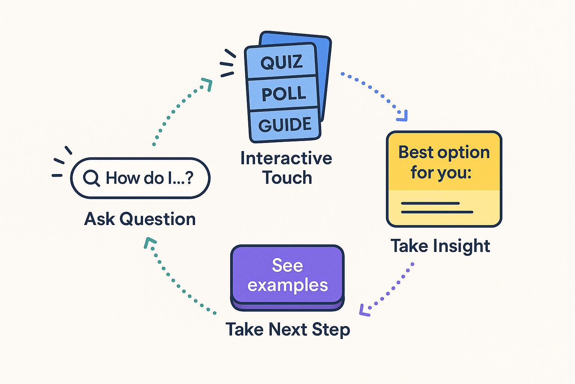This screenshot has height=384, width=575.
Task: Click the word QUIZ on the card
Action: (x=282, y=62)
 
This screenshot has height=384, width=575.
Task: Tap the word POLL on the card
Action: (x=283, y=93)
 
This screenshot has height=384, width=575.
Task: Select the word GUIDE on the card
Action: (x=285, y=124)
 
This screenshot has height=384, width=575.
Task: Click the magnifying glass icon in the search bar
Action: (x=91, y=178)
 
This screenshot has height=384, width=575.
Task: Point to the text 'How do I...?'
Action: (x=149, y=178)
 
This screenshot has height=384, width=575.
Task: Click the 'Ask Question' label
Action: (x=140, y=219)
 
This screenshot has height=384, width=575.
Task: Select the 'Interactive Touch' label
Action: (x=286, y=168)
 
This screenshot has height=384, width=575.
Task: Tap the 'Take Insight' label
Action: (x=440, y=246)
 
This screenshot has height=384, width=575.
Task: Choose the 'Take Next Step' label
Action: (x=287, y=330)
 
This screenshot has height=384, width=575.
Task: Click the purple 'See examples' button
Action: (x=287, y=276)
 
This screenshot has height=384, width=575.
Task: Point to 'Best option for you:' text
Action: (x=444, y=162)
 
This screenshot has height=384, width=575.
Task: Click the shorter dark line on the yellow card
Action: (x=430, y=203)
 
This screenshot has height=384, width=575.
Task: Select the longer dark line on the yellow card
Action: (x=437, y=212)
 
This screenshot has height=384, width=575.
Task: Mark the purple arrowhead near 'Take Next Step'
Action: (x=364, y=310)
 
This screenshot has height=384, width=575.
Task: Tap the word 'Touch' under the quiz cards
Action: (x=287, y=177)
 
